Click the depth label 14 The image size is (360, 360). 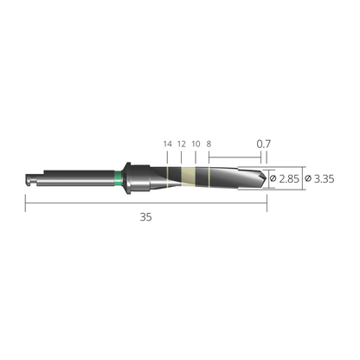[168, 144]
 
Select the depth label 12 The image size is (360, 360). [182, 144]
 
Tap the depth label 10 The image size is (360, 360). [196, 144]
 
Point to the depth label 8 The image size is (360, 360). [209, 144]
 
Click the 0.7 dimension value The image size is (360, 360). [264, 144]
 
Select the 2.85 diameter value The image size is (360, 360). [289, 179]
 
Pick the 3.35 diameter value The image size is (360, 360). [325, 179]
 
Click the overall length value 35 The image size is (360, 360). [146, 217]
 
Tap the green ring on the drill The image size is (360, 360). [118, 178]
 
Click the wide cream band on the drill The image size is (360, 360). [189, 177]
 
